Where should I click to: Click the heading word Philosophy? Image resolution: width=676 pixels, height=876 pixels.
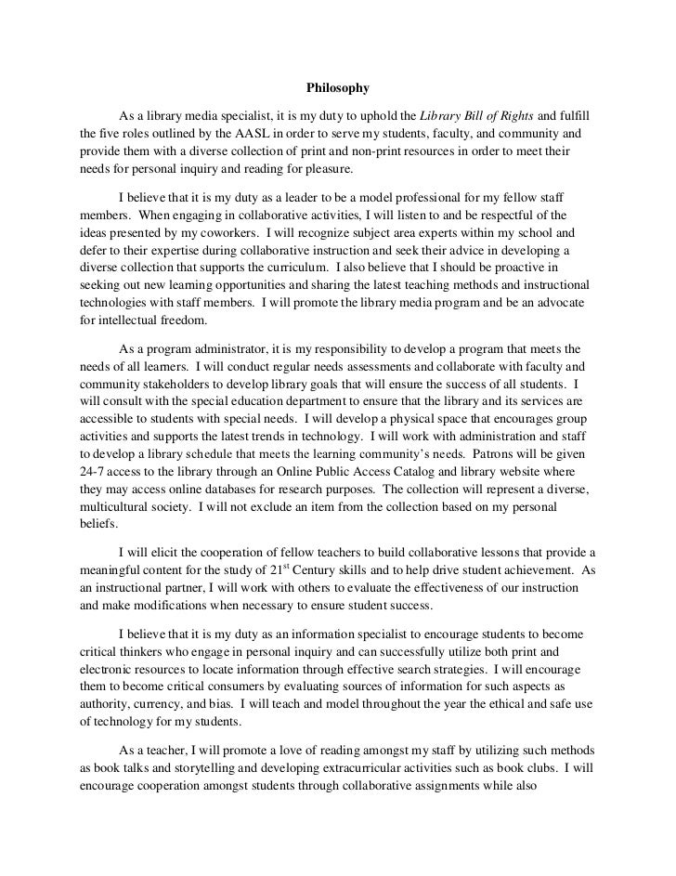[337, 89]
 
